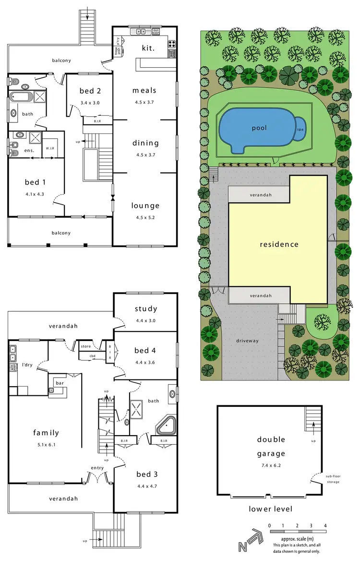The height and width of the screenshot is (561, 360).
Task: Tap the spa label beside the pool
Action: (x=300, y=129)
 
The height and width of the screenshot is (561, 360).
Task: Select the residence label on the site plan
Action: (x=279, y=244)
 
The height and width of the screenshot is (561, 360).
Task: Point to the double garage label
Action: (x=264, y=446)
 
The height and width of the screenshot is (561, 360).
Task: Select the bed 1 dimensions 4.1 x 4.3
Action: (x=35, y=194)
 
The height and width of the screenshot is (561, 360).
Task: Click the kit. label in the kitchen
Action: (x=148, y=48)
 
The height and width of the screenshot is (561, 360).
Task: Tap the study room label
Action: (x=146, y=309)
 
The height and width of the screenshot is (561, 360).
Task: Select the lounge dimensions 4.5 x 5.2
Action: (x=145, y=217)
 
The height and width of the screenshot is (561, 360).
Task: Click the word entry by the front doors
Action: (x=98, y=468)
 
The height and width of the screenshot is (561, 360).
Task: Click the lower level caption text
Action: (x=270, y=509)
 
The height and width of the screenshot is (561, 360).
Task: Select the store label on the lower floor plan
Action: (x=86, y=345)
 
